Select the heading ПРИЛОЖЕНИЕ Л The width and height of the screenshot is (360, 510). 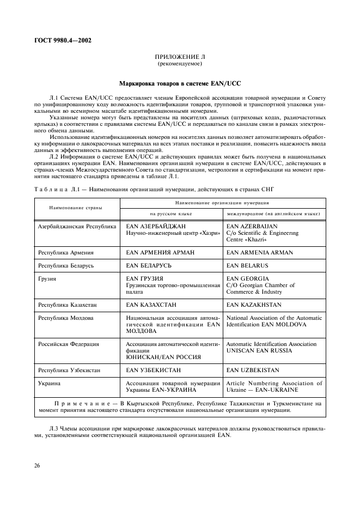pos(180,57)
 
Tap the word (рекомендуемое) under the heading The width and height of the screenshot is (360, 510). pos(180,64)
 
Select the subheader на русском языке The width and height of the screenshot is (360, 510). pos(172,214)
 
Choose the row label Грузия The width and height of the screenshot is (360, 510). pos(47,278)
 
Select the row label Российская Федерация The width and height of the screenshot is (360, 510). pos(68,344)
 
